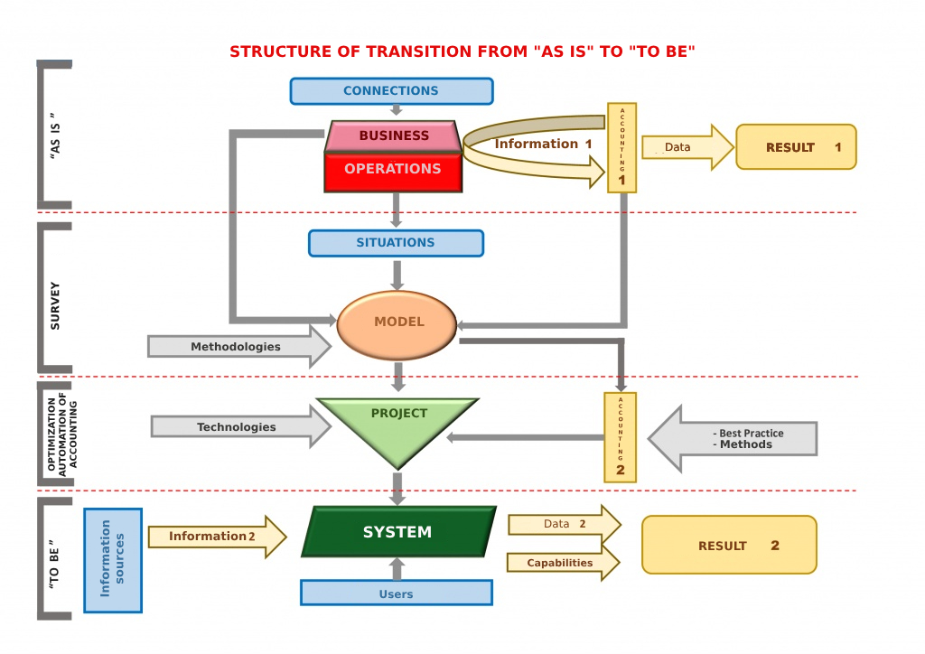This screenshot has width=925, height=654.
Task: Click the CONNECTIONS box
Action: (x=391, y=91)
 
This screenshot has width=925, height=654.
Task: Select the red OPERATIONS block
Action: (x=393, y=170)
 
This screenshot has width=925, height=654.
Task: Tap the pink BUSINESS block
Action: (x=394, y=136)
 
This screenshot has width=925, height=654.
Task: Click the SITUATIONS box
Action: (x=396, y=243)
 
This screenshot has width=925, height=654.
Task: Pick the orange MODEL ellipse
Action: (x=397, y=322)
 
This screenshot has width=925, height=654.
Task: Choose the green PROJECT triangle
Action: (x=398, y=425)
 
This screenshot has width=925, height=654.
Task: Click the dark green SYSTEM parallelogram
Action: (x=398, y=532)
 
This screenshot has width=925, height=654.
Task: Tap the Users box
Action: (x=397, y=593)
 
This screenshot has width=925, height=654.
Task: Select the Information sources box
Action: (x=113, y=560)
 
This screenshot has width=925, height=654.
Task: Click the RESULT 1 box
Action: (x=796, y=147)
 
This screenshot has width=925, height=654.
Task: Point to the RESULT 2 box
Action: (x=729, y=546)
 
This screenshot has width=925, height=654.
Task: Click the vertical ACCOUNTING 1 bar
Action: (x=622, y=148)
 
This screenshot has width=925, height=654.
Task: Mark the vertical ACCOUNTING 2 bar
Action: (x=621, y=437)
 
